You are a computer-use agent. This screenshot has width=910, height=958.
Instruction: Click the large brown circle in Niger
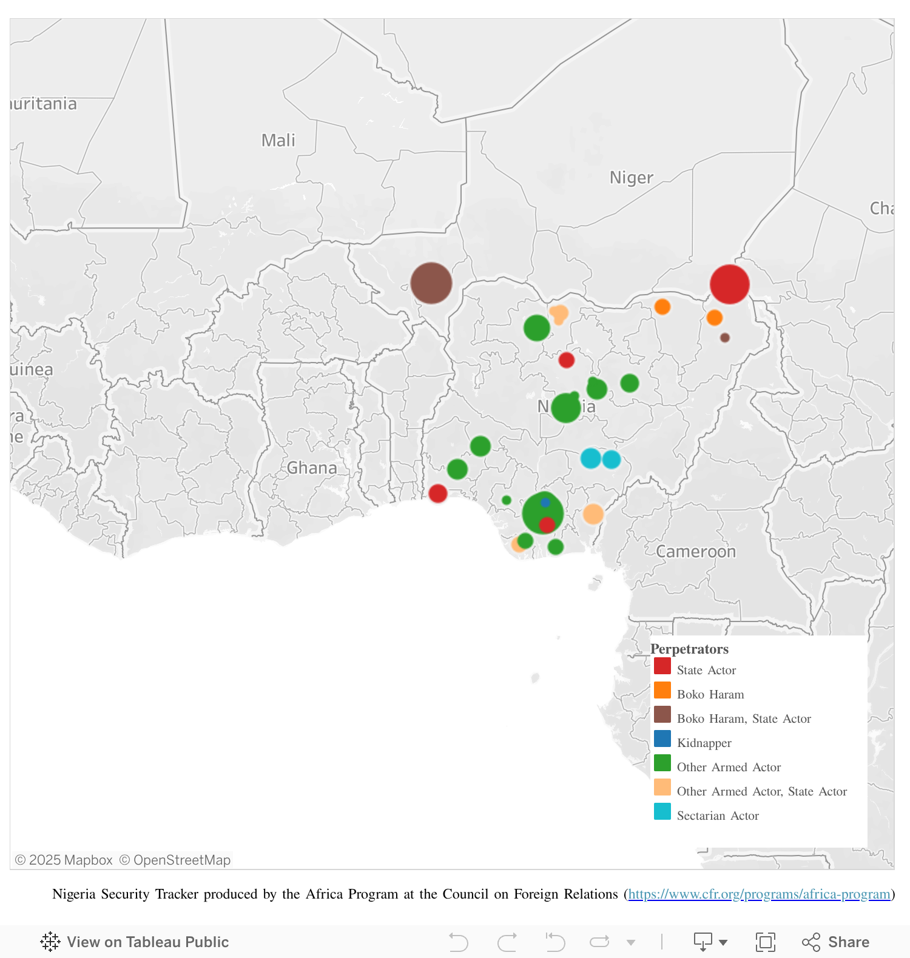(431, 283)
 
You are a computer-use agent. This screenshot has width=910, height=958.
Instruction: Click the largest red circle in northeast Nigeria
(729, 284)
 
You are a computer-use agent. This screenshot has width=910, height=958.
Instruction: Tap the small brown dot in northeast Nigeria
(724, 338)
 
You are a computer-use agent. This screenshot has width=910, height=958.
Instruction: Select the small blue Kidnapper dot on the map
(545, 503)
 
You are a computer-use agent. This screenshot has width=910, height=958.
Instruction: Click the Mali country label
(278, 141)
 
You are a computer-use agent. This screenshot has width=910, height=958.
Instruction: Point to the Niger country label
(631, 178)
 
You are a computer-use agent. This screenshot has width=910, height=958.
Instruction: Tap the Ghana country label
(312, 468)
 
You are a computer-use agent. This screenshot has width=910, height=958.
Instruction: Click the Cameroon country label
(695, 552)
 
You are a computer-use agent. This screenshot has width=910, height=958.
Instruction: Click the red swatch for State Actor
(662, 666)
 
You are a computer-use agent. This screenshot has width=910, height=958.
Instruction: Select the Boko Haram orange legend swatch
(662, 691)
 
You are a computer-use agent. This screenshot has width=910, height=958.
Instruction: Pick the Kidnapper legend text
(704, 743)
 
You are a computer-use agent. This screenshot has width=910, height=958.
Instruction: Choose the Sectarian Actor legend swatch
(662, 812)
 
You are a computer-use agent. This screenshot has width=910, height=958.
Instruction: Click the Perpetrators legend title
(689, 649)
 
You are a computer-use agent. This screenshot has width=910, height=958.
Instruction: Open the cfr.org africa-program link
(759, 894)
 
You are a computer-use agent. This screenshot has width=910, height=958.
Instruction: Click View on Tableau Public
(135, 942)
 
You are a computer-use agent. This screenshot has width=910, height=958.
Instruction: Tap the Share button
(836, 942)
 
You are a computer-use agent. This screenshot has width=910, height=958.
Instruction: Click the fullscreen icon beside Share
(765, 942)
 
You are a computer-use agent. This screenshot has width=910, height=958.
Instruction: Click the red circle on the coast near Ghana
(437, 494)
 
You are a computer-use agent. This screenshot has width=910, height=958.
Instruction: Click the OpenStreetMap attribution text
(175, 860)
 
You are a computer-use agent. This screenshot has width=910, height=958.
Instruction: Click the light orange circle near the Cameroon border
(593, 514)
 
